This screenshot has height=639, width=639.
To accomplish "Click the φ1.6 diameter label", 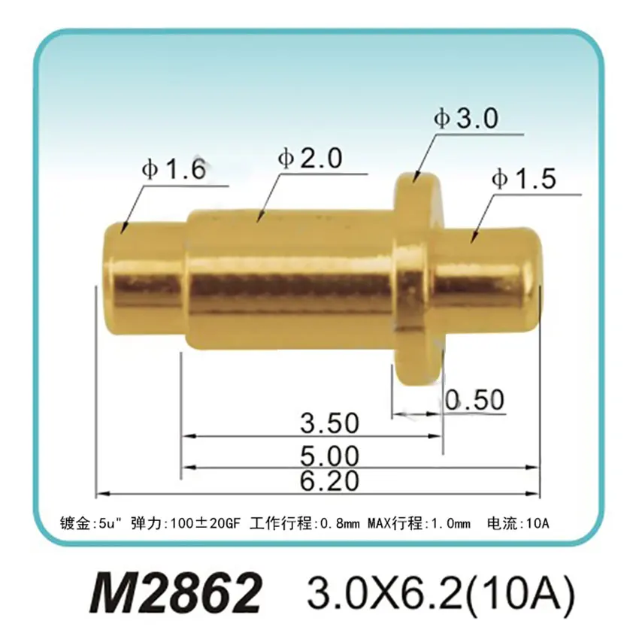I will click(173, 171).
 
